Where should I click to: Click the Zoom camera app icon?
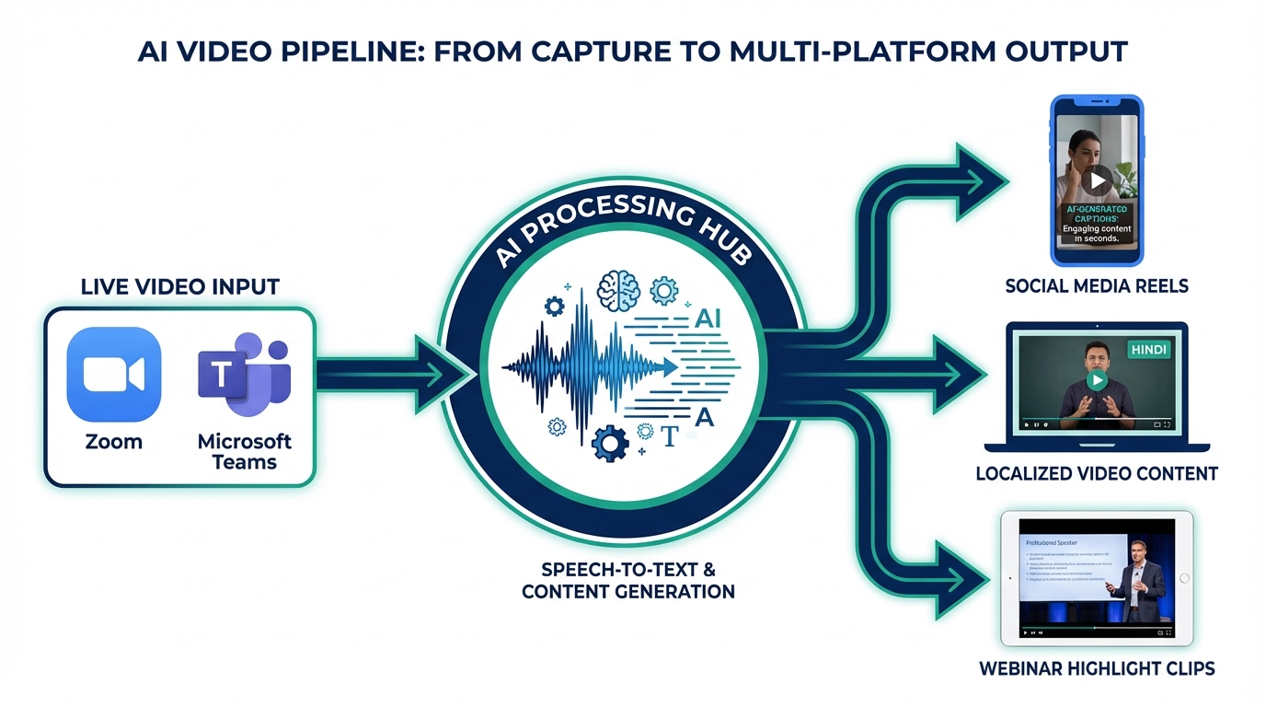coord(114,374)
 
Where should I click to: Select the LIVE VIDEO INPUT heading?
coord(180,286)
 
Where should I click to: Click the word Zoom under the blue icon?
coord(114,441)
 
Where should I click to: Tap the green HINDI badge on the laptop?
coord(1147,350)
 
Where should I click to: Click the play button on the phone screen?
coord(1095,180)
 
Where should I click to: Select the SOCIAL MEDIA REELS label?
coord(1097,286)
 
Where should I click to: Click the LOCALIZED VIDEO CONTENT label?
coord(1097,474)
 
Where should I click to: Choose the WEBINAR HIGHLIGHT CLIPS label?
coord(1097,668)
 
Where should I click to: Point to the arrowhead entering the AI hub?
coord(448,374)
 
